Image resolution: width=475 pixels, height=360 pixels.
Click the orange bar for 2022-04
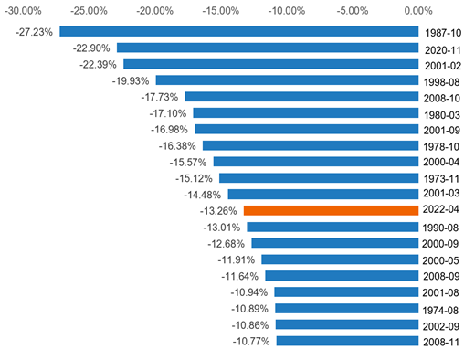click(332, 210)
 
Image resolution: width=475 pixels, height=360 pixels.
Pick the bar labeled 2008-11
click(348, 341)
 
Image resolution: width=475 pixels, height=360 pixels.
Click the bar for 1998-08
click(288, 80)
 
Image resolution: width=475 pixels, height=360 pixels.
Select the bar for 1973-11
click(319, 178)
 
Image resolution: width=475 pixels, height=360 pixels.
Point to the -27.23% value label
click(35, 31)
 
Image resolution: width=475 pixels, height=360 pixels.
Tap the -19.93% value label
click(132, 80)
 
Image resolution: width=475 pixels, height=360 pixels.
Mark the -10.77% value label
click(252, 341)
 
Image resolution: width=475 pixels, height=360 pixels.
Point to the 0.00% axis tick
click(417, 10)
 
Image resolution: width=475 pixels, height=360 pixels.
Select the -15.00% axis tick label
click(220, 10)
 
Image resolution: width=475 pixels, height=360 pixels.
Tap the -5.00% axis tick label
click(352, 10)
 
